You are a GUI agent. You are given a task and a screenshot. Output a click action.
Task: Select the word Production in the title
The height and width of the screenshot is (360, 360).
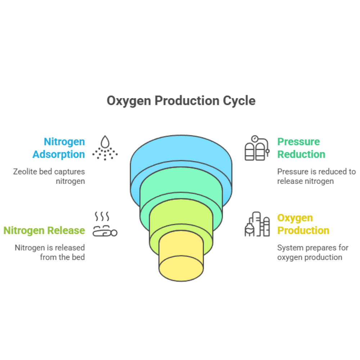pos(186,101)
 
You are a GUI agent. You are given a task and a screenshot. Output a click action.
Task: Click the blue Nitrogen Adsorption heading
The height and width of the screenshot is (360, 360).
pos(59,148)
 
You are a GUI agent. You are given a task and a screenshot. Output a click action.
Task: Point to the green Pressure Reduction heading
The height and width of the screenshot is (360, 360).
pos(301,148)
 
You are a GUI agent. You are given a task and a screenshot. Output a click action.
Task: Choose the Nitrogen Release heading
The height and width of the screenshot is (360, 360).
pos(44,230)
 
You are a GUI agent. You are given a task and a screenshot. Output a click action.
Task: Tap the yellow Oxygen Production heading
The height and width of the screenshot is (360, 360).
pos(303,224)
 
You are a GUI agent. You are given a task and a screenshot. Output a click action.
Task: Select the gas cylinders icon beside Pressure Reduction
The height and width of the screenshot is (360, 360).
pos(257,148)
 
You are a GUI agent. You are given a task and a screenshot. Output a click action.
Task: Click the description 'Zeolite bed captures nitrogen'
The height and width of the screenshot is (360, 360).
pos(49,176)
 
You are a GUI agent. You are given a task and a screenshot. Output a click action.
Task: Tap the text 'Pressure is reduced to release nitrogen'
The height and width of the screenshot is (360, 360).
pos(316,176)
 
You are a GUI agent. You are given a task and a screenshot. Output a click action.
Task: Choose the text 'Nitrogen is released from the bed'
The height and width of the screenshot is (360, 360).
pos(50,252)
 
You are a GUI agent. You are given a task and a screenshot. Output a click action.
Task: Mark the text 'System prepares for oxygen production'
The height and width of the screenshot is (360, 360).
pos(312,252)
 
